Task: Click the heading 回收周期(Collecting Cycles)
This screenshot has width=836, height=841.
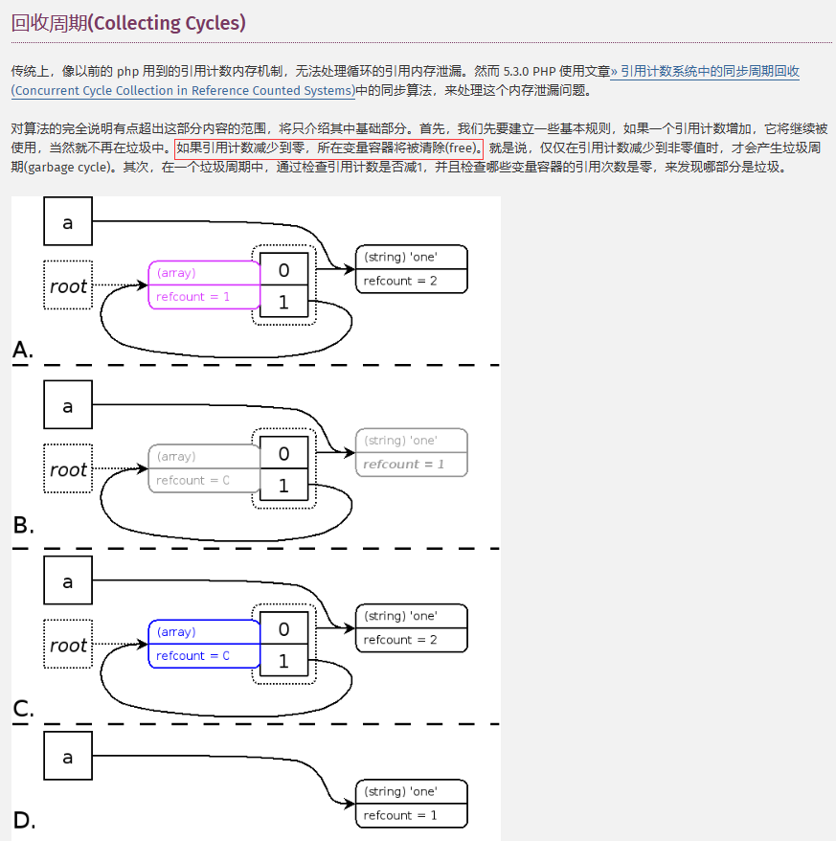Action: point(128,23)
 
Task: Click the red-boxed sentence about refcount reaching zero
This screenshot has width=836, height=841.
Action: point(328,148)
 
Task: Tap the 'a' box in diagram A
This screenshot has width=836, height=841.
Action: point(68,222)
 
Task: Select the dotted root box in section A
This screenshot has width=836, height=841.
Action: point(68,285)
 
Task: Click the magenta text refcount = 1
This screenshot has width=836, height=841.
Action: point(193,297)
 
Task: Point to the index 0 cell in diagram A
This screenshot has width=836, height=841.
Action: point(283,270)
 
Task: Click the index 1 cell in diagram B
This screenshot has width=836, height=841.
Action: point(283,486)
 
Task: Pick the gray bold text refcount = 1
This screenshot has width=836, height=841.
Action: point(403,465)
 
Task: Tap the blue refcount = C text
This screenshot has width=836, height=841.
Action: point(193,656)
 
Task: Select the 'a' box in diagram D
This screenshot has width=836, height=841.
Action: point(68,757)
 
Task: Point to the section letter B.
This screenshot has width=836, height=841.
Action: point(23,525)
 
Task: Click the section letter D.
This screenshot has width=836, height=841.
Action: point(24,820)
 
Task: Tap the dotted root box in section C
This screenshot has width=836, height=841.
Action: point(68,645)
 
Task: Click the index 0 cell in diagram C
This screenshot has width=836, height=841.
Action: point(283,629)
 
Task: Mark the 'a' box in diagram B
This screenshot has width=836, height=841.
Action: point(68,405)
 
